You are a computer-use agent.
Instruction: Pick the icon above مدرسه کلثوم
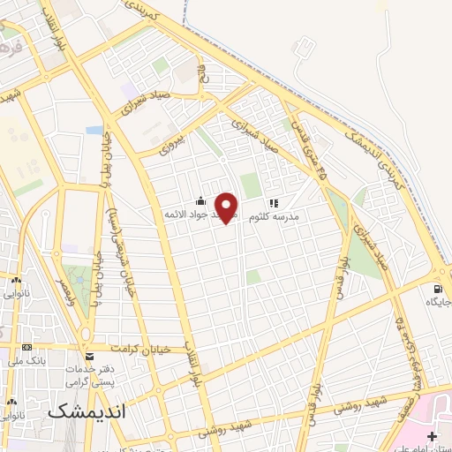tap(273, 201)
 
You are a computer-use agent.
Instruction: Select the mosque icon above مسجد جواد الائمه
tap(201, 200)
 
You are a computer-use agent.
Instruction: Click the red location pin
tap(227, 207)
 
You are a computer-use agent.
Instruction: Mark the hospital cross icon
tap(431, 437)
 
